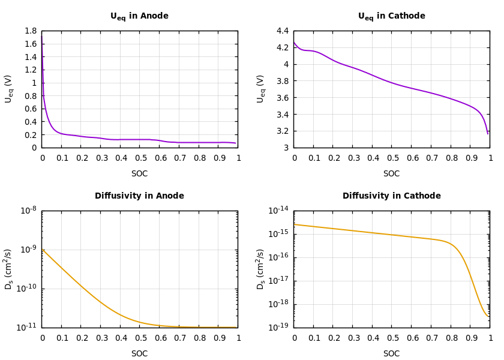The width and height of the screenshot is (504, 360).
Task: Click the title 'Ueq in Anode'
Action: click(x=139, y=16)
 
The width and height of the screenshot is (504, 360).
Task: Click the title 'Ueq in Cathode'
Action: click(x=391, y=16)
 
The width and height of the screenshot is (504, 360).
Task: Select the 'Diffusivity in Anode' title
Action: click(x=139, y=196)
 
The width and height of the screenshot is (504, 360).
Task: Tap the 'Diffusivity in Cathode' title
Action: click(x=391, y=196)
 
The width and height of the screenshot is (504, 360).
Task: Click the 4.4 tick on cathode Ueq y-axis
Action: click(x=282, y=31)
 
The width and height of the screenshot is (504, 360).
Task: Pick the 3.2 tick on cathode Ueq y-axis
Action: click(x=282, y=131)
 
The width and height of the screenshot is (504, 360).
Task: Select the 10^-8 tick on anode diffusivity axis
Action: click(x=28, y=210)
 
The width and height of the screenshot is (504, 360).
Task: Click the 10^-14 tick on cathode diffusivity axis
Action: click(x=278, y=210)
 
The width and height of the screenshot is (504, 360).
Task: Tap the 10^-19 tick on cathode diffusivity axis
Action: click(x=278, y=327)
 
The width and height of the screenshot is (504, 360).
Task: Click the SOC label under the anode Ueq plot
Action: click(x=139, y=174)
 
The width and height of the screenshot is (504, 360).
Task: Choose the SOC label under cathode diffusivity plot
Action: click(x=391, y=354)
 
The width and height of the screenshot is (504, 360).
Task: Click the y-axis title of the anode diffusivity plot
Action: click(x=8, y=269)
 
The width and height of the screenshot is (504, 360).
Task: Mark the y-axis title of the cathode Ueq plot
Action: click(x=260, y=89)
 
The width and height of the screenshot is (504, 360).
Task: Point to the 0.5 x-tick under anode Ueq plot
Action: click(x=140, y=158)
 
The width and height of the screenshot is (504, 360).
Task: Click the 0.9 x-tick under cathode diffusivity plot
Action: click(x=470, y=338)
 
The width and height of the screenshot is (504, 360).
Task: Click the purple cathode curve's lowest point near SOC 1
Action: click(x=487, y=133)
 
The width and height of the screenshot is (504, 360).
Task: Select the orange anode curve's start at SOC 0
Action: click(x=43, y=250)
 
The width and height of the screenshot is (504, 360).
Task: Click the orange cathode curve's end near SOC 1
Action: click(x=487, y=316)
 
